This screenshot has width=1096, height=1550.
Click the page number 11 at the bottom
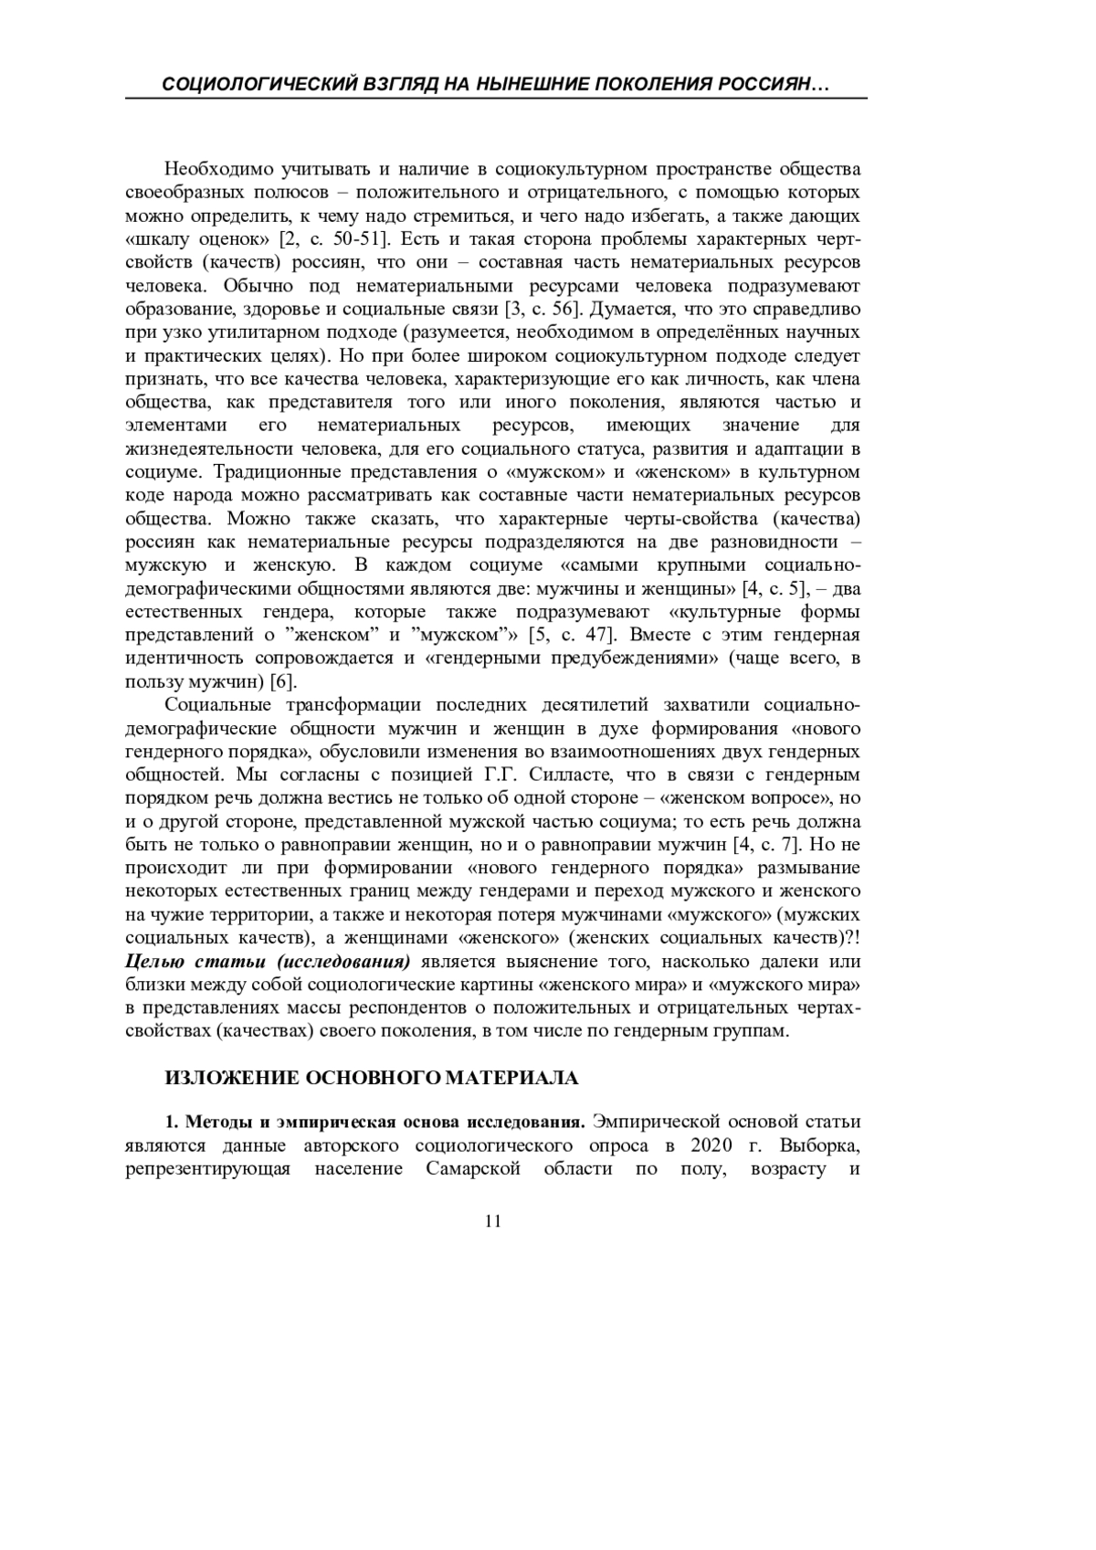(x=494, y=1222)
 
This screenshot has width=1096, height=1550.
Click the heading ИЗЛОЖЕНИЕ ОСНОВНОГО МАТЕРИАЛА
(x=372, y=1078)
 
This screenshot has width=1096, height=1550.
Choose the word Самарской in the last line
(x=473, y=1169)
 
